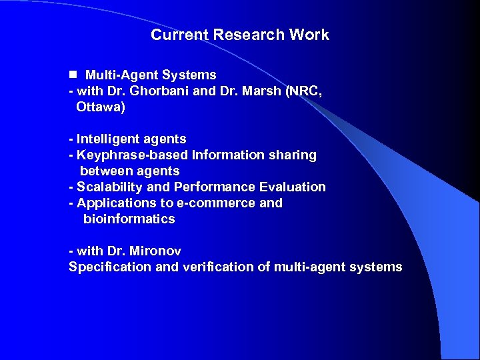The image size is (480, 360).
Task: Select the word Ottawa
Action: point(99,107)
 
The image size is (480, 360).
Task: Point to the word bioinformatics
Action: point(129,219)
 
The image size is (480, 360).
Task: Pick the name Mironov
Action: point(155,251)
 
